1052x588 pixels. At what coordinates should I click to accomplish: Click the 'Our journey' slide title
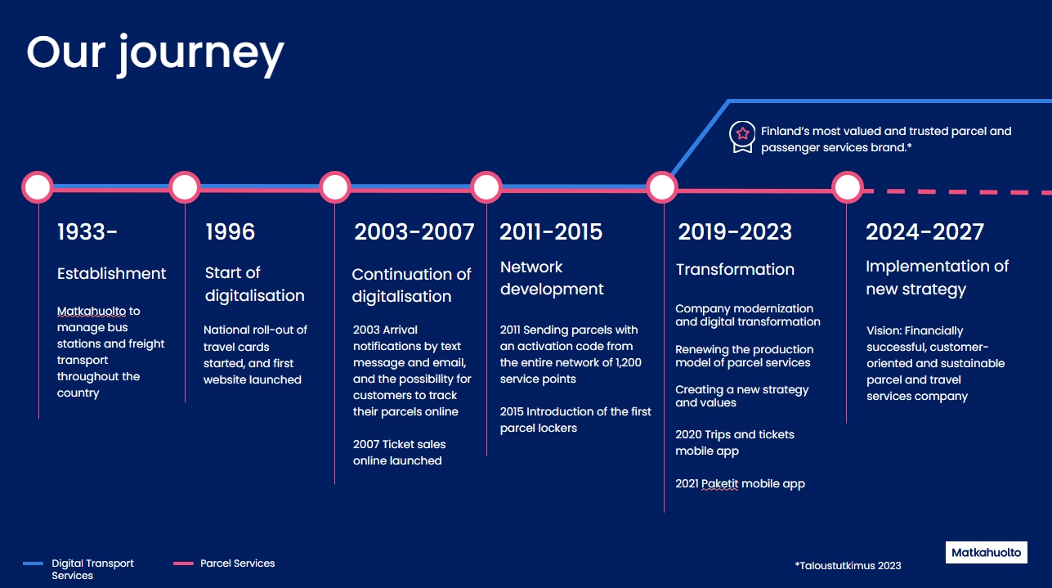click(x=155, y=54)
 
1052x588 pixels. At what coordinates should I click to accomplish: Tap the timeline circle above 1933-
click(x=38, y=187)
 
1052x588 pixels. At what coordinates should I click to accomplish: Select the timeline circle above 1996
click(x=185, y=187)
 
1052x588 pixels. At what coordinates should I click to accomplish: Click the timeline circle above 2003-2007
click(x=335, y=187)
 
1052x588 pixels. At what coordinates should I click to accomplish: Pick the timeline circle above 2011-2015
click(x=486, y=187)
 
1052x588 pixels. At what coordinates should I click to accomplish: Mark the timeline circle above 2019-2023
click(x=662, y=187)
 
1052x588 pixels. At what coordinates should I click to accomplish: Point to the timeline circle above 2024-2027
click(x=847, y=187)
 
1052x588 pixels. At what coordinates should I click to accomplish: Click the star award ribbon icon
click(x=742, y=137)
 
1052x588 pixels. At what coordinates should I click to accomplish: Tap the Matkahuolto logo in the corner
click(x=987, y=552)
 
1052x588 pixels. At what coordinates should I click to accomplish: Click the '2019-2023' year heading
click(x=735, y=231)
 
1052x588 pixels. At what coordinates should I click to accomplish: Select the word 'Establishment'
click(x=111, y=273)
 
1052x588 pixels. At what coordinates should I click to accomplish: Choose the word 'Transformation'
click(x=735, y=269)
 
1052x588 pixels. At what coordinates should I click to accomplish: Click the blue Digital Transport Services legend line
click(x=33, y=563)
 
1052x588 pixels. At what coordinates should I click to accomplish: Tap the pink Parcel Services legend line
click(x=183, y=563)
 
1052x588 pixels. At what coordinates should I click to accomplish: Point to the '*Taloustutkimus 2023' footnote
click(x=848, y=565)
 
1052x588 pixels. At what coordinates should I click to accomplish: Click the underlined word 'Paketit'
click(x=719, y=483)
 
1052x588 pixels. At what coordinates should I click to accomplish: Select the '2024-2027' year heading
click(x=924, y=231)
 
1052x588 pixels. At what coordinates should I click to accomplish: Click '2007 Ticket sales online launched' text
click(x=399, y=452)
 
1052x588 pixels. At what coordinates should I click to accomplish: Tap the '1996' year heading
click(x=231, y=231)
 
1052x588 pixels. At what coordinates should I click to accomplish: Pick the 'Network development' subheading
click(x=552, y=278)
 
